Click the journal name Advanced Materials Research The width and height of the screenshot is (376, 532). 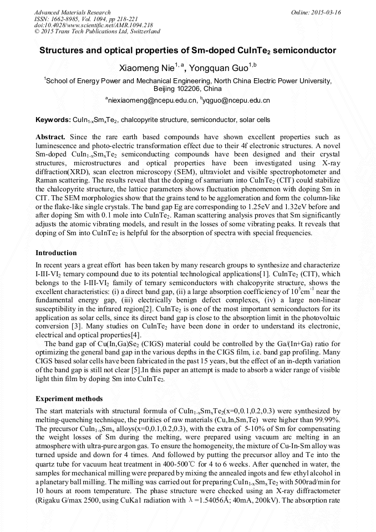point(72,12)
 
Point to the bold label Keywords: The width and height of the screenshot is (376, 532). point(53,119)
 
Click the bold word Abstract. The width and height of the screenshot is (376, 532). point(50,136)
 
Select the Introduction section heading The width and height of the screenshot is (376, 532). point(56,253)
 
